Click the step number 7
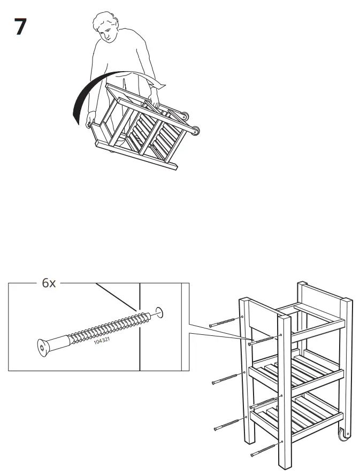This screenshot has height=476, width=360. [20, 27]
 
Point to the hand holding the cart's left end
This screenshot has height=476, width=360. [90, 124]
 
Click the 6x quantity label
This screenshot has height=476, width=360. [49, 283]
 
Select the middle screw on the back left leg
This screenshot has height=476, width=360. [227, 379]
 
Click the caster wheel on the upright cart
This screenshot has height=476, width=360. [343, 435]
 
